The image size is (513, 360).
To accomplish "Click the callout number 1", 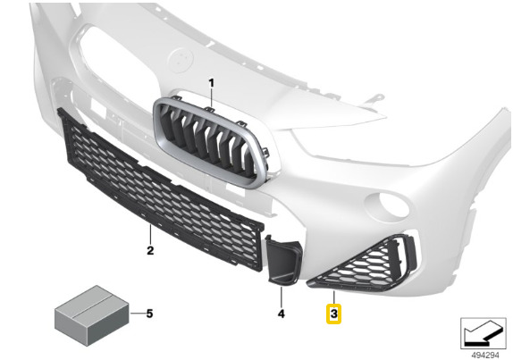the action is (211, 83).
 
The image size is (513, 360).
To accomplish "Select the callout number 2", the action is (150, 251).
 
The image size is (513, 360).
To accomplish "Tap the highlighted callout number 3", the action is (333, 314).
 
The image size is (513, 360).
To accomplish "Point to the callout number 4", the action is (282, 314).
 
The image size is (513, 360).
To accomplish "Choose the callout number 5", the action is (149, 314).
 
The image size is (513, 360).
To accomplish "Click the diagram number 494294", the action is (485, 355).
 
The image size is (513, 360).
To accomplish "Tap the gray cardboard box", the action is (91, 314).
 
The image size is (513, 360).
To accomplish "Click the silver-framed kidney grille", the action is (211, 142).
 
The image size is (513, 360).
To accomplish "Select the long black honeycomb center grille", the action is (160, 191).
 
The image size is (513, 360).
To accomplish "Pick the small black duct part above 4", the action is (283, 260).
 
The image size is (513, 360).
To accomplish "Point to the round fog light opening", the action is (387, 205).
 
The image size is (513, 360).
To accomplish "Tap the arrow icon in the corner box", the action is (483, 333).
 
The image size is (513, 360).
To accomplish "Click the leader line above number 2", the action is (150, 234).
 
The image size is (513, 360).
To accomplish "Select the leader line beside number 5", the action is (138, 314).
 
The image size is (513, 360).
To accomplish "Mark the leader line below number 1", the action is (211, 98).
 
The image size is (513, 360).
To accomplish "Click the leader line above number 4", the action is (282, 297).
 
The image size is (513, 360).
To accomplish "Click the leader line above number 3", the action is (333, 297).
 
